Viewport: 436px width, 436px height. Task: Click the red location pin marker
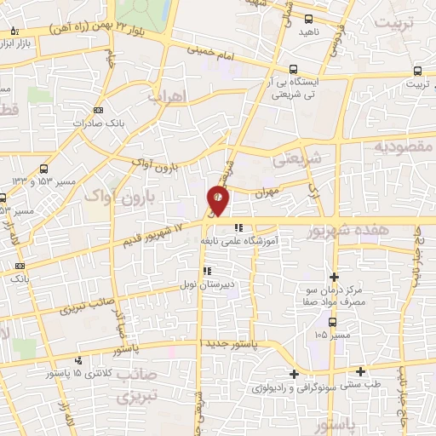218,200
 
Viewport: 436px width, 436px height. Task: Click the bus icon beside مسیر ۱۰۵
332,322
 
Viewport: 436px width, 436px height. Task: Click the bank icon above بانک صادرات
99,110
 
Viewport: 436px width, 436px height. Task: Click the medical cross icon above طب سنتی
361,371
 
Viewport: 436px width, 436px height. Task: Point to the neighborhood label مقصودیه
403,146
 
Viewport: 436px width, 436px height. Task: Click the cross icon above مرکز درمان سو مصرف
334,277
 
